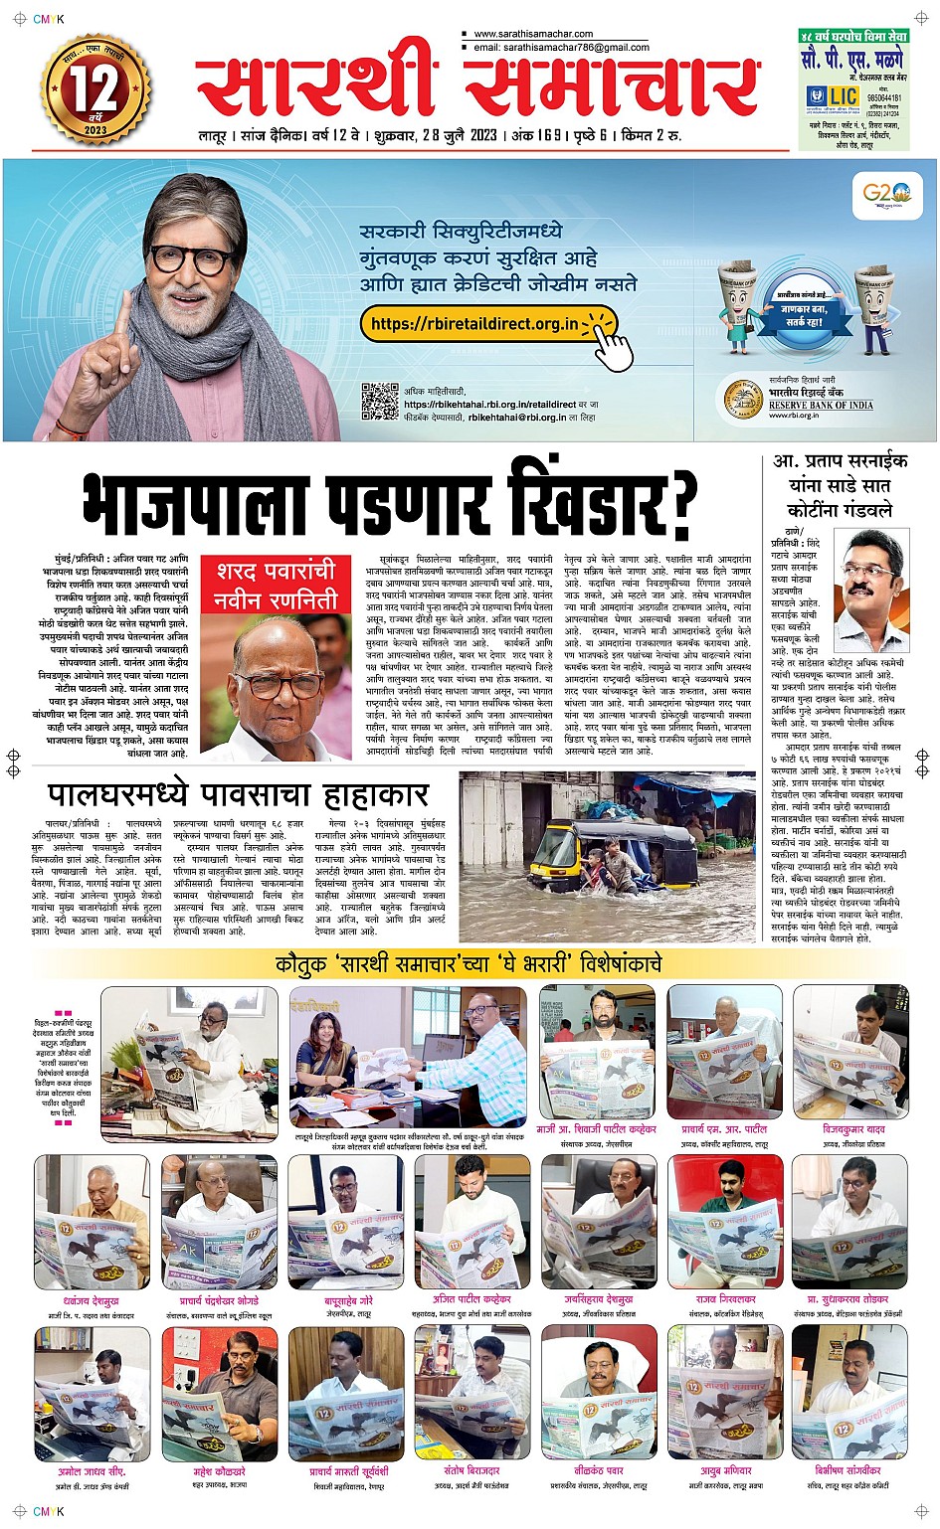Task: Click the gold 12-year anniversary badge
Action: click(94, 90)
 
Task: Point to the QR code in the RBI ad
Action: click(379, 403)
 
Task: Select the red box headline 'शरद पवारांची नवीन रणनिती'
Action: click(277, 587)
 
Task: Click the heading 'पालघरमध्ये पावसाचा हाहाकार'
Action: click(239, 794)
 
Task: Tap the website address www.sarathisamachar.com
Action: click(533, 34)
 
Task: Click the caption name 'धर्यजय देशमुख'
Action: click(92, 1300)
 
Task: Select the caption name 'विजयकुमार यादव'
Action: click(853, 1130)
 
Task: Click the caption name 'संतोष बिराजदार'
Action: click(471, 1471)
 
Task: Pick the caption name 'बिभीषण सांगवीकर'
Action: click(847, 1470)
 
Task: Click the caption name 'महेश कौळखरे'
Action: click(219, 1471)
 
